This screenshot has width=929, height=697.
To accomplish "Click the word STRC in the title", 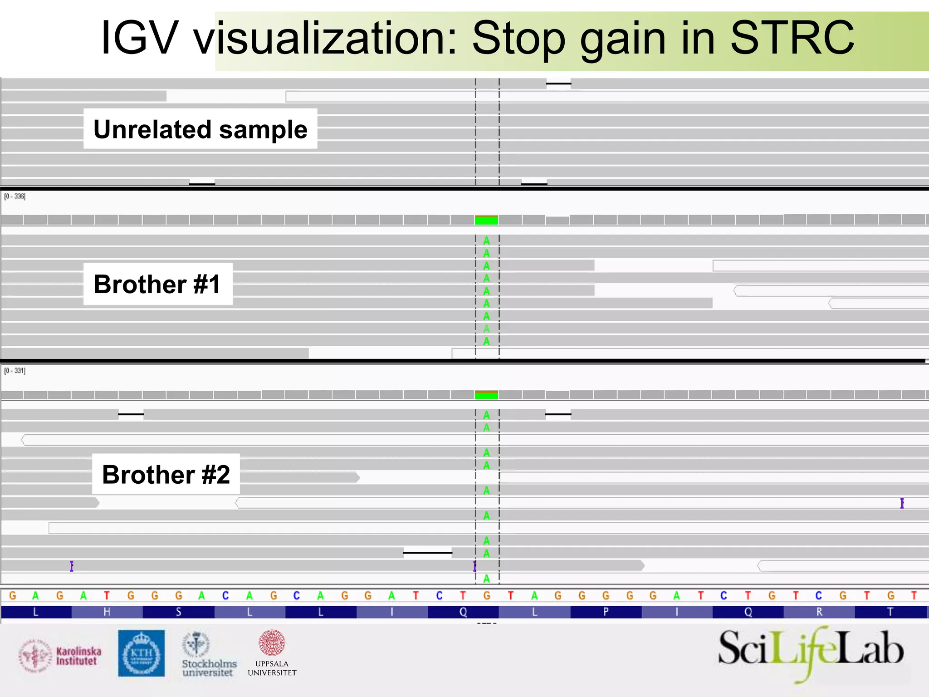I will [792, 38].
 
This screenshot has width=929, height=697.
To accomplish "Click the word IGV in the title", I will [138, 38].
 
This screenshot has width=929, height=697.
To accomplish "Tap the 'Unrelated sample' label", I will [200, 129].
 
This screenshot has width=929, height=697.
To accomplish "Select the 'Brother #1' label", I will [157, 284].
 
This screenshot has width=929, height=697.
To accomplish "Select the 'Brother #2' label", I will [166, 474].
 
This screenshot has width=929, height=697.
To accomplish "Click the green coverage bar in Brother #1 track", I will [486, 220].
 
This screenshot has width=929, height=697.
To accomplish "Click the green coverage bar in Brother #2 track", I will [486, 395].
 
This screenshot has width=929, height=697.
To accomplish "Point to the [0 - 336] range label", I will [15, 196].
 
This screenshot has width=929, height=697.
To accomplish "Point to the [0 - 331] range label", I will [15, 371].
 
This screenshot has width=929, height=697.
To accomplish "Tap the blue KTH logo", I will [141, 653].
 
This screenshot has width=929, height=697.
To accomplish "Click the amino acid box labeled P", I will [606, 612].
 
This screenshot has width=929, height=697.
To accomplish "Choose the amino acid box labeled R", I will [819, 612].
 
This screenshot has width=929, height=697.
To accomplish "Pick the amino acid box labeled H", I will [107, 612].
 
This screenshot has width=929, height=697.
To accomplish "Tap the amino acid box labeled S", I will [178, 612].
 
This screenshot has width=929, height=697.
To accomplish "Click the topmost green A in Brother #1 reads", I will [486, 241].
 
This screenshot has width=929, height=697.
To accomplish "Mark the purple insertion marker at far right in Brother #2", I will [902, 503].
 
